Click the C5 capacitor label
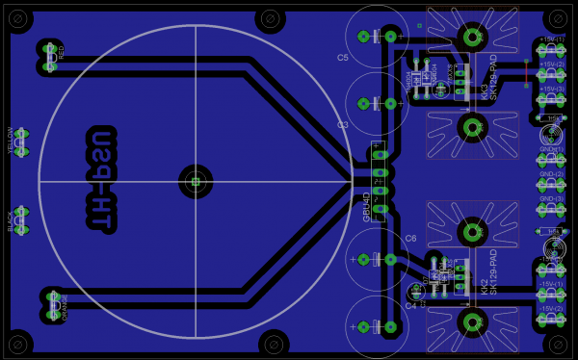(343, 58)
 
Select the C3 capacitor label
(343, 125)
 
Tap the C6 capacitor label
(410, 238)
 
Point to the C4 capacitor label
(410, 306)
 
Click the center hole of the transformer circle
(196, 180)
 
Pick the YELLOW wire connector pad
(20, 143)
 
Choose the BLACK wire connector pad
(20, 220)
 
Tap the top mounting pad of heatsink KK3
(472, 37)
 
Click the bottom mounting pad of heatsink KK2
(472, 321)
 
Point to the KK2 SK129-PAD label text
(488, 273)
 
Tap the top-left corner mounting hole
(19, 18)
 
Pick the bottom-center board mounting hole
(274, 343)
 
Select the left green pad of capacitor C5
(363, 37)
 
